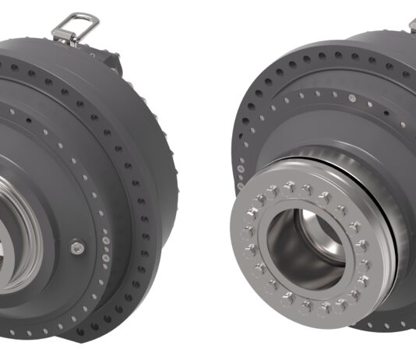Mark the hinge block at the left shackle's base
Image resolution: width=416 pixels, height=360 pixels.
[64, 34]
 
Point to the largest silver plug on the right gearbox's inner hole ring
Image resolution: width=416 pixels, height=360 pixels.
[351, 99]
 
